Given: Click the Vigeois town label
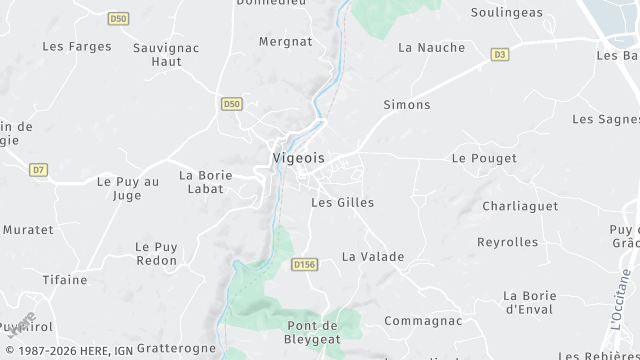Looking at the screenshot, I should coord(298,158).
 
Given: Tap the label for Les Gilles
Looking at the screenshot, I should coord(342,203).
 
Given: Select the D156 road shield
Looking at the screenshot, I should coord(304,265).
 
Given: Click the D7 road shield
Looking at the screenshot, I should coord(38,170).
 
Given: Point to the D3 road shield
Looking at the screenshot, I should coord(500,55).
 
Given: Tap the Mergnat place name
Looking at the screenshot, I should coord(285,42).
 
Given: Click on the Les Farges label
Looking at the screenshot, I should coord(77,47).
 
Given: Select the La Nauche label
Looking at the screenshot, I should coord(431,47).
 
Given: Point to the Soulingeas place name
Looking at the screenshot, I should coord(507,13).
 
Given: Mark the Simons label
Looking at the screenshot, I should coord(407,105).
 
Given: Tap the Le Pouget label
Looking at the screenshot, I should coord(484,159).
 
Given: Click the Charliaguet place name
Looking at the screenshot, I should coord(512,207).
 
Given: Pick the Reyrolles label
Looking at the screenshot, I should coord(507,242).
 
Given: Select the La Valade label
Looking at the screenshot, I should coord(373,257).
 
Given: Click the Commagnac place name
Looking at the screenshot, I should coord(423,321).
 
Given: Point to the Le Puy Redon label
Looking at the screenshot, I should coord(156,254).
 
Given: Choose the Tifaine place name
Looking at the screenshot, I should coord(65,280).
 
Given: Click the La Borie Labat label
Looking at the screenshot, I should coord(205,183).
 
